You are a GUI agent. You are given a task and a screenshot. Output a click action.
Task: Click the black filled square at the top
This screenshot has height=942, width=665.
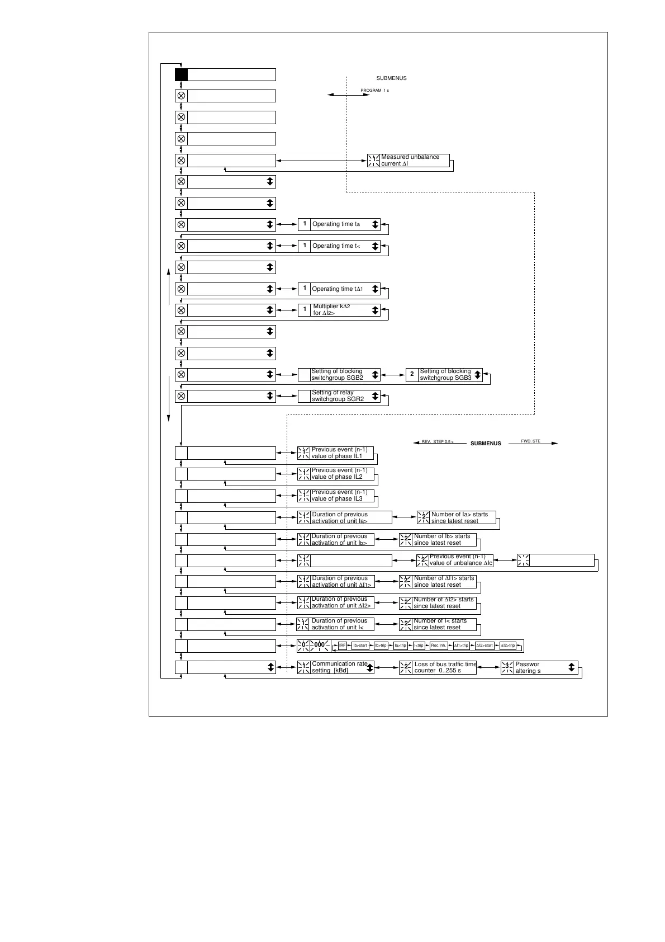pos(181,75)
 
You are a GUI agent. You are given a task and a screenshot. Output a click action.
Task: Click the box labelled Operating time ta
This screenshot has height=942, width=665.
pos(339,224)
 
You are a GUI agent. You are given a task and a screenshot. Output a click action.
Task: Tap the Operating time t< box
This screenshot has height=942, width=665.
pos(339,246)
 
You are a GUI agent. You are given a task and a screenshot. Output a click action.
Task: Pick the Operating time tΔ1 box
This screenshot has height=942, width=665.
pos(339,289)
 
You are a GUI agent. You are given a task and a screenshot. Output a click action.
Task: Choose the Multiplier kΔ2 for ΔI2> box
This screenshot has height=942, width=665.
pos(339,310)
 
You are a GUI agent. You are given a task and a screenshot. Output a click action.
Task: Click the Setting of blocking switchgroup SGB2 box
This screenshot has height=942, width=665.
pos(339,375)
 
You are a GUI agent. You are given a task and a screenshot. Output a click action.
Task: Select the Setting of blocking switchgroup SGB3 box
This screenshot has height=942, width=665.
pos(444,375)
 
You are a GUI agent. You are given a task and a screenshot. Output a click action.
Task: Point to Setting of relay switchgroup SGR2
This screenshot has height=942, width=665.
pos(339,396)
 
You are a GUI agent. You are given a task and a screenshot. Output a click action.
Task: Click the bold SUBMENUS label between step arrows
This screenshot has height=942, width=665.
pos(486,444)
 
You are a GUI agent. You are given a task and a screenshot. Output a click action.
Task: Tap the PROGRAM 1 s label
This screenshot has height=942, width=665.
pos(374,90)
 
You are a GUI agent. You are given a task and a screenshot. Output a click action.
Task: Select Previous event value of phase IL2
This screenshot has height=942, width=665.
pos(335,474)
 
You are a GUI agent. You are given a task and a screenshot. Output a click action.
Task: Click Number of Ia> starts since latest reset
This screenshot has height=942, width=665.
pos(457,517)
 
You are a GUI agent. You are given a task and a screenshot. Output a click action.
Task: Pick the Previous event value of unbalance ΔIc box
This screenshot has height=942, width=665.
pos(455,560)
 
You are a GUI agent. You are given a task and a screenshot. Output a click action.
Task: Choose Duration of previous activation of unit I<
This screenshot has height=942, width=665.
pos(335,624)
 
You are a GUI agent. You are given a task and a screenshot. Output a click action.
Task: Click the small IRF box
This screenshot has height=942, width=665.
pos(343,646)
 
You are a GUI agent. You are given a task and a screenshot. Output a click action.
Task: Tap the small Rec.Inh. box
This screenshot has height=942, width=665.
pos(439,646)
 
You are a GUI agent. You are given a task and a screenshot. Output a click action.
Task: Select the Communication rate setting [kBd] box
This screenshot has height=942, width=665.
pos(335,667)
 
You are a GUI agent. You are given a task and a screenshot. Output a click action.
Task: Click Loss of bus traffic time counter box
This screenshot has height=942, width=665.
pos(438,667)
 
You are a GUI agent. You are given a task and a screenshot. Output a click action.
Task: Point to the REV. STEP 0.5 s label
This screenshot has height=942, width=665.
pos(438,442)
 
